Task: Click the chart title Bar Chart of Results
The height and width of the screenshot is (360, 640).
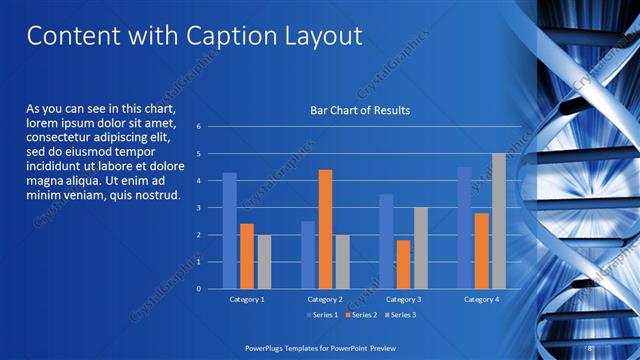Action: [360, 110]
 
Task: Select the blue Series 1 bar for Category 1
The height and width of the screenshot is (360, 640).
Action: [230, 231]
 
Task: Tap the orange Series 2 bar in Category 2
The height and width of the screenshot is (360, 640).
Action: [325, 229]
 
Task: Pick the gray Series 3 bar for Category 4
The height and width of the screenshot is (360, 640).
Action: [498, 221]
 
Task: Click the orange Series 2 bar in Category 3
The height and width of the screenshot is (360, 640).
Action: [403, 264]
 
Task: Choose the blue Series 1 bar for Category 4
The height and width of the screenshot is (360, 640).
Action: [464, 228]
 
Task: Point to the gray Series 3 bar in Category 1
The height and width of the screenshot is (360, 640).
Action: [263, 262]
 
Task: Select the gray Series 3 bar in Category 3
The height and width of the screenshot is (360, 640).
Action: [420, 248]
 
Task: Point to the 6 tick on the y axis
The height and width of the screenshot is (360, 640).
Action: [199, 127]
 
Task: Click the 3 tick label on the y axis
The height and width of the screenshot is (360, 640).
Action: [199, 208]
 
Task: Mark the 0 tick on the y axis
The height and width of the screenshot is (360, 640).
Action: [199, 289]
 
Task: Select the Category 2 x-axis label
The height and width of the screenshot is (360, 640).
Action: [325, 299]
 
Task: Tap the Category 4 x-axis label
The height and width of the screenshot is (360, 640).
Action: [481, 299]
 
